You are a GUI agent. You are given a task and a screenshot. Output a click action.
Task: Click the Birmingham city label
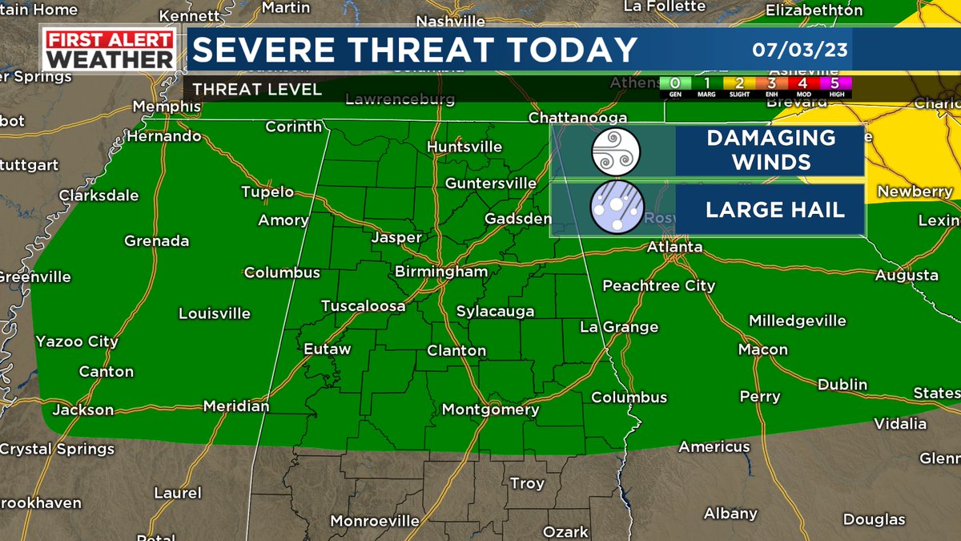[x=440, y=272]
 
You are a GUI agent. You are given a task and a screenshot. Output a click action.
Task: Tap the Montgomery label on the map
[x=490, y=410]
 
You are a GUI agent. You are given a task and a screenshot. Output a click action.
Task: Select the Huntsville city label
[x=464, y=147]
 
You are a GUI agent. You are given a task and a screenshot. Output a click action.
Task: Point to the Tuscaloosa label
[x=363, y=305]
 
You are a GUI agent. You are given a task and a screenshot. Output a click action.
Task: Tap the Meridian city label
[x=236, y=406]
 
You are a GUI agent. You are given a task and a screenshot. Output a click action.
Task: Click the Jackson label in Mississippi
[x=82, y=410]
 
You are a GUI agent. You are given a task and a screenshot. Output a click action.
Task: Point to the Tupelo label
[x=267, y=192]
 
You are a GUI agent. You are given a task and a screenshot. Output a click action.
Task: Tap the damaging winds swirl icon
[x=613, y=151]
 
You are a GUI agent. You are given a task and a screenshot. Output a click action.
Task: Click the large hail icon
[x=613, y=210]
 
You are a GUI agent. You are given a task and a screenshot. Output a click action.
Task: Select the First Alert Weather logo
[x=110, y=50]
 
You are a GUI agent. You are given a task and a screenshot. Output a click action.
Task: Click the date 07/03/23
[x=800, y=50]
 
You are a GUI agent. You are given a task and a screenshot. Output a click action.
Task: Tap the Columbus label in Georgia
[x=629, y=398]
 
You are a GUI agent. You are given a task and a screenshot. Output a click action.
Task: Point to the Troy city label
[x=527, y=483]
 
